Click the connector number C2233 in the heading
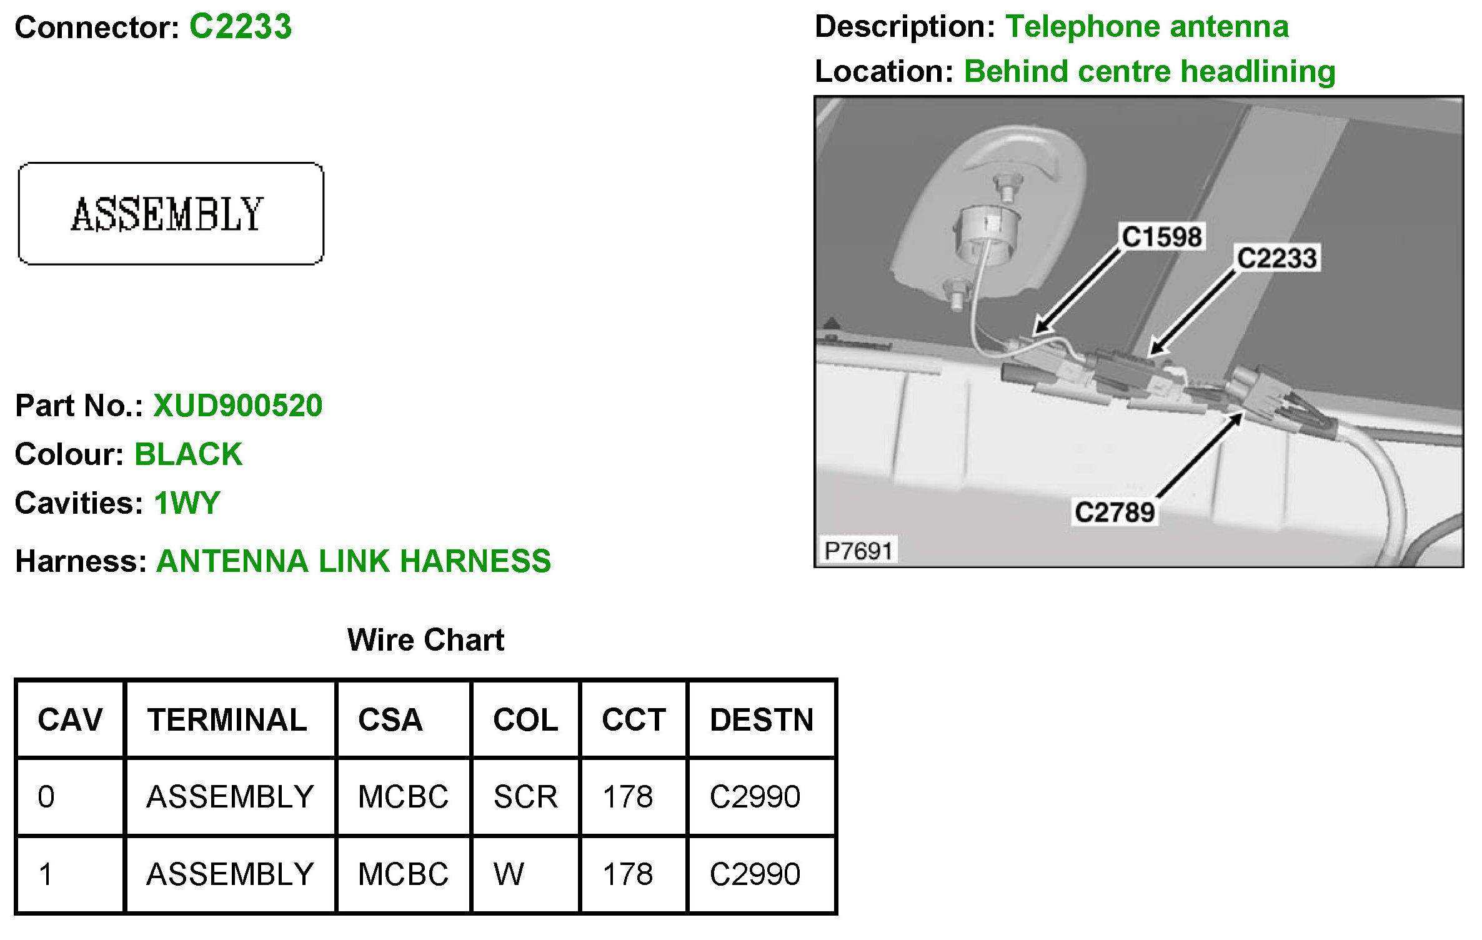241,27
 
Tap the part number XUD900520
237,406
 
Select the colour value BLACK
188,454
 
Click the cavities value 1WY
187,503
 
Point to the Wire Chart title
425,640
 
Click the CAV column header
70,720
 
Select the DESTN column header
762,720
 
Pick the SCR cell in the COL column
525,797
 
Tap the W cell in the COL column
509,874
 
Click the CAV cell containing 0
46,797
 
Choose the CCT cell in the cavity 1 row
628,874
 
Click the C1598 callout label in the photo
1161,237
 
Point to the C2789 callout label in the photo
1115,512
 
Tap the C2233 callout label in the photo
1277,258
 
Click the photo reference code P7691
858,551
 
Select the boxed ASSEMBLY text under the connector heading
167,214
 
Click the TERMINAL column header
227,720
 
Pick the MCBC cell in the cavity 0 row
403,797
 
